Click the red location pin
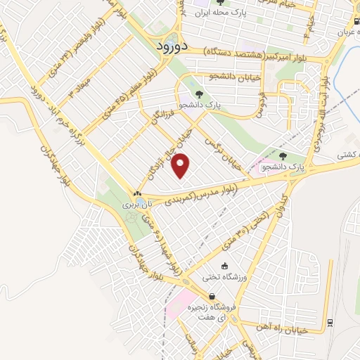tap(181, 166)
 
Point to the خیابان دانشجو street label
tap(235, 76)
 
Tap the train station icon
tap(330, 323)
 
